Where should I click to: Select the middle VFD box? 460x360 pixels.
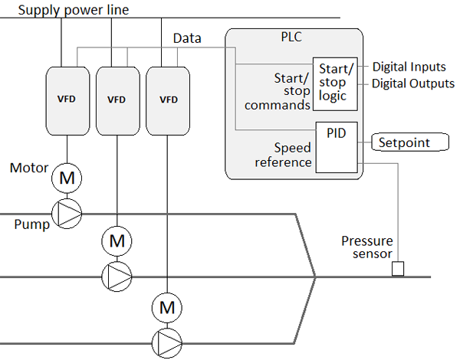[x=117, y=100]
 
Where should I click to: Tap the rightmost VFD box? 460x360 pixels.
[x=166, y=100]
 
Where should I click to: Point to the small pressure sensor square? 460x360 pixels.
[x=398, y=269]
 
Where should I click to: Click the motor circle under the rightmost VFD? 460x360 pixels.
[x=166, y=308]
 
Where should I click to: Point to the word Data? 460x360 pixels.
[x=188, y=38]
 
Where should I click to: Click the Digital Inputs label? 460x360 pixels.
[x=409, y=67]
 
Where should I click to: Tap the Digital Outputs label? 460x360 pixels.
[x=413, y=83]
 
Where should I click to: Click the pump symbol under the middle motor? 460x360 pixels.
[x=117, y=273]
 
